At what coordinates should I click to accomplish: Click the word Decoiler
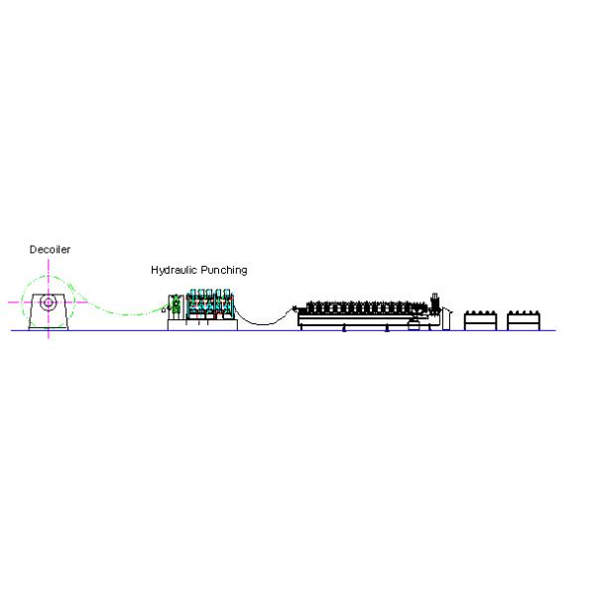click(x=50, y=249)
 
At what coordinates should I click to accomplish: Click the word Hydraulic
click(x=174, y=270)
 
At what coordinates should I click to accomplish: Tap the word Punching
click(x=224, y=270)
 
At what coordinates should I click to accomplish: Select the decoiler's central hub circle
click(x=49, y=302)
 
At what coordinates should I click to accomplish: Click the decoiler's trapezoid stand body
click(x=49, y=312)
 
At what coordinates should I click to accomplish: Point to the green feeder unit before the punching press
click(x=176, y=305)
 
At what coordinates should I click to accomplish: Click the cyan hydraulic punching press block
click(x=210, y=304)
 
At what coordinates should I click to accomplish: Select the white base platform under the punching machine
click(x=202, y=325)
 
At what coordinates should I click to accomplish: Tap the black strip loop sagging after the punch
click(x=264, y=322)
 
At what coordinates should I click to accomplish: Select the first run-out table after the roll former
click(x=480, y=320)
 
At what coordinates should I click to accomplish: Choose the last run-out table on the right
click(x=524, y=320)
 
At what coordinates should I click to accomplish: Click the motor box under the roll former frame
click(x=414, y=325)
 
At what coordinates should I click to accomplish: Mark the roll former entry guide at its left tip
click(x=295, y=308)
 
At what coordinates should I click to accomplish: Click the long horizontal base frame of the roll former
click(x=364, y=321)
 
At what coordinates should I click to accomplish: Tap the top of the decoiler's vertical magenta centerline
click(x=49, y=260)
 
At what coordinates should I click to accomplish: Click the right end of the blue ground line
click(x=555, y=330)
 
